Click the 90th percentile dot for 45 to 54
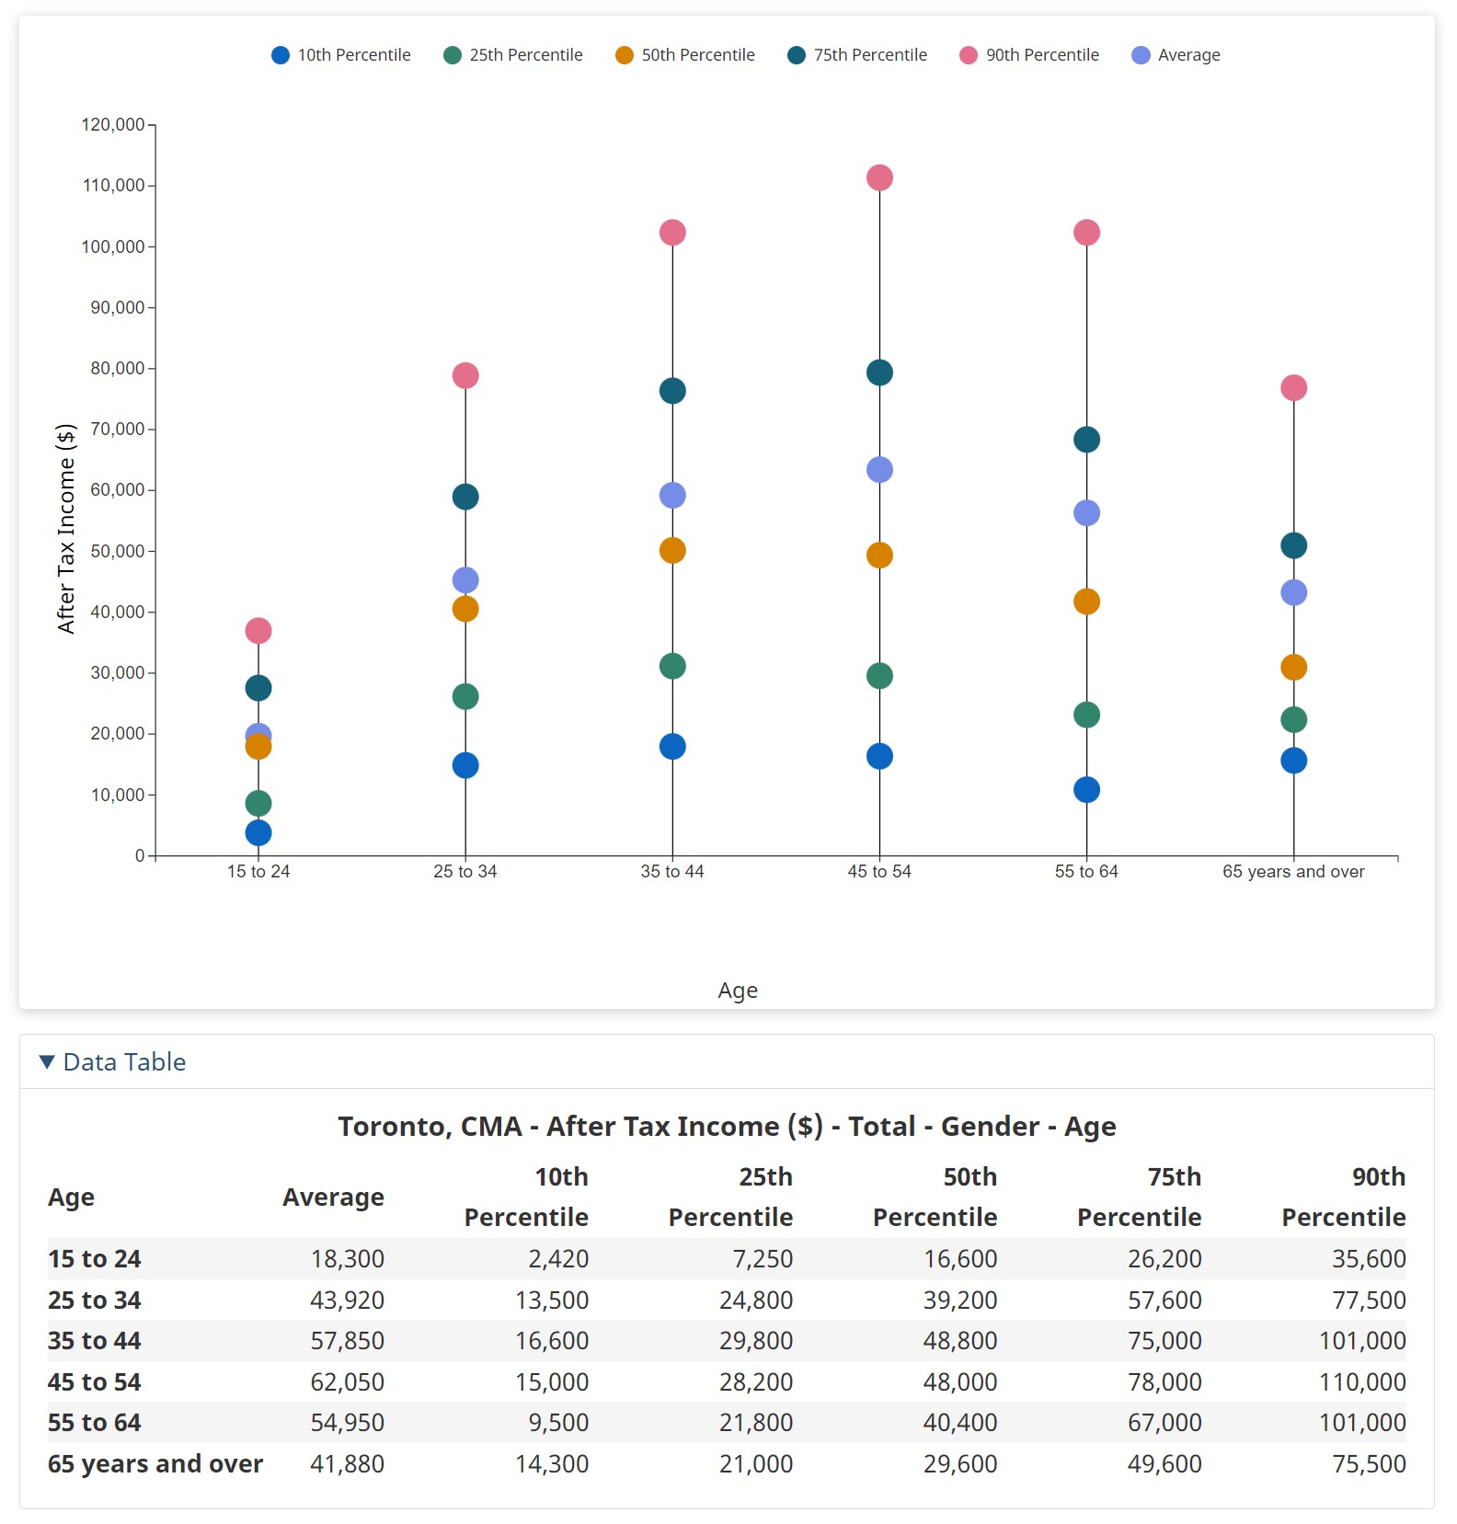coord(879,178)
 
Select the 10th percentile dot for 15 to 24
coord(258,833)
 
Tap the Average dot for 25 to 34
coord(465,580)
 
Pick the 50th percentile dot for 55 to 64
coord(1086,602)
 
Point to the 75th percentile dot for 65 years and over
coord(1293,546)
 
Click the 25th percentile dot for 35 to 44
coord(672,666)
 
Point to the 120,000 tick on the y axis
coord(113,124)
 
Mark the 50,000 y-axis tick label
coord(117,551)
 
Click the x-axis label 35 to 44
coord(672,872)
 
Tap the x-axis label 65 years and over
coord(1293,872)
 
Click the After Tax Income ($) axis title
coord(65,529)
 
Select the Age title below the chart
coord(738,991)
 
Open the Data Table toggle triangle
coord(47,1062)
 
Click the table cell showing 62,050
coord(347,1382)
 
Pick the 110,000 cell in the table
coord(1362,1382)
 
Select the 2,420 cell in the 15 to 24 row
coord(558,1259)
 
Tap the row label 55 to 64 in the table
coord(95,1423)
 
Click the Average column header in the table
coord(333,1197)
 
